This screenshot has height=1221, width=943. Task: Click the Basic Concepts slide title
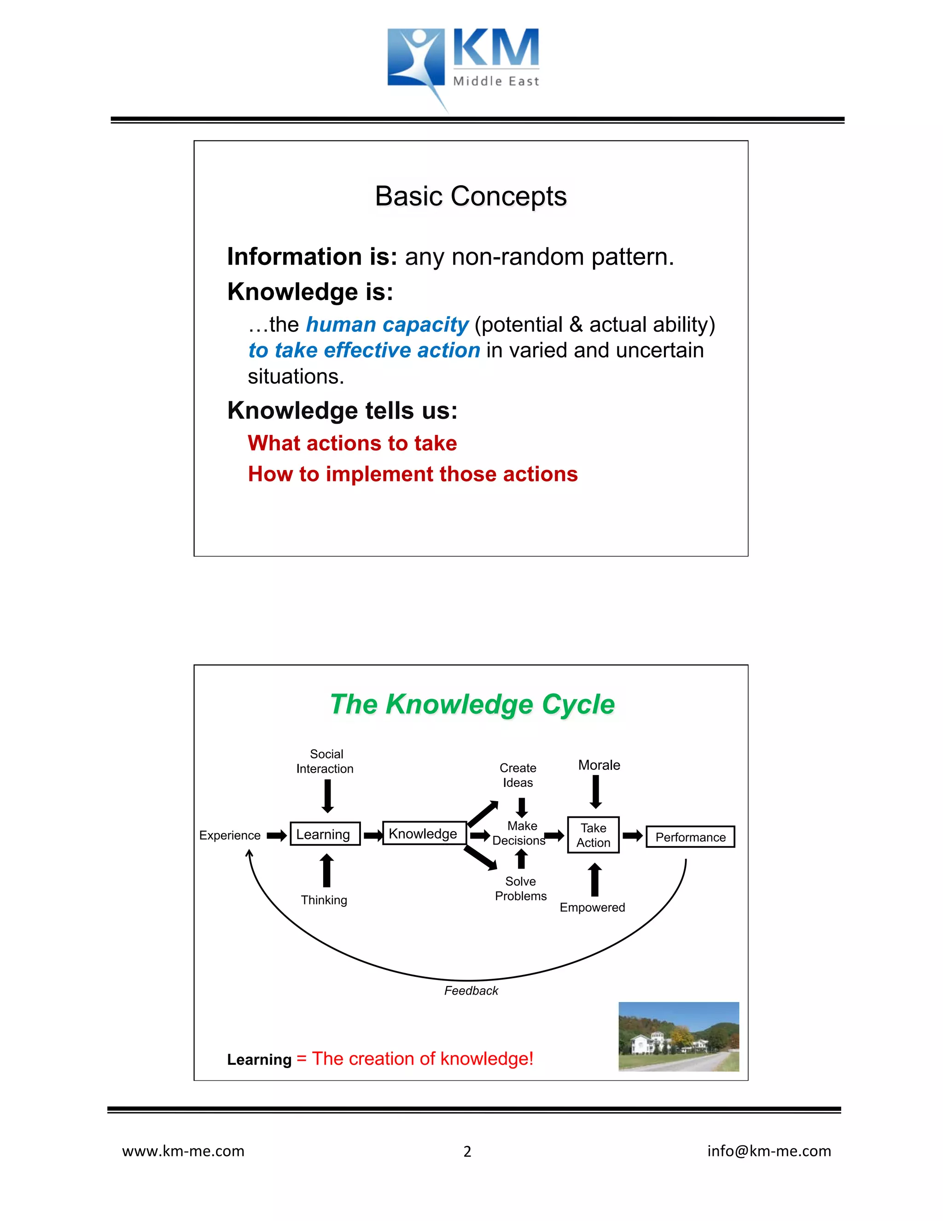point(471,196)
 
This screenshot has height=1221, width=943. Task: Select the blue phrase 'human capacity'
point(387,325)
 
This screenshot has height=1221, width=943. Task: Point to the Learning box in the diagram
point(325,834)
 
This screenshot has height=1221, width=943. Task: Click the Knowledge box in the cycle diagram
point(424,834)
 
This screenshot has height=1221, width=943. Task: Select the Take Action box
point(593,835)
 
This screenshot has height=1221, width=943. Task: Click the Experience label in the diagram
point(230,835)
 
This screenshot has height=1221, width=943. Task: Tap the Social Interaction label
point(325,762)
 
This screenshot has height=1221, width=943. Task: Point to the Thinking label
point(324,900)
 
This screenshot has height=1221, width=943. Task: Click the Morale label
point(599,765)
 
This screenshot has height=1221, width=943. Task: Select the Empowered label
point(592,907)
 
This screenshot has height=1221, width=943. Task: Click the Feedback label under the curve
point(471,991)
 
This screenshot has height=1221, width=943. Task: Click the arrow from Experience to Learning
point(277,836)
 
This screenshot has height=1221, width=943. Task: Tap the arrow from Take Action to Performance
point(632,836)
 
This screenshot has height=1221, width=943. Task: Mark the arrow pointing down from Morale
point(596,792)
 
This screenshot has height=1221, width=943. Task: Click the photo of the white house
point(678,1037)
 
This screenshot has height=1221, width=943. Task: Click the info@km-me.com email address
point(768,1151)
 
